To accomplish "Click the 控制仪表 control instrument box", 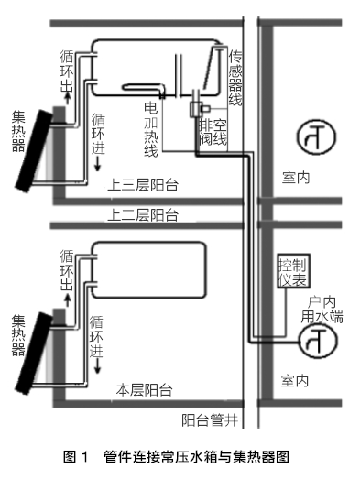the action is coord(293,271).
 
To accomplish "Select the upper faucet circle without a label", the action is coord(316,136).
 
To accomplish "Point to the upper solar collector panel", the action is coord(34,150).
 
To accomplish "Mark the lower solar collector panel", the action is coord(34,353).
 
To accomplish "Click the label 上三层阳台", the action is coord(143,185).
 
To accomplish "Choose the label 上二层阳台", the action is coord(143,214).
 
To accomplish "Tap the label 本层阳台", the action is coord(144,390).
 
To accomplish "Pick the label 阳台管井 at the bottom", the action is coord(210,420).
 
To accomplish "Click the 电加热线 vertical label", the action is coord(151,129).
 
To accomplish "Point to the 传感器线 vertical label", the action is coord(235,78).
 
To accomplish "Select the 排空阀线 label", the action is coord(213,132).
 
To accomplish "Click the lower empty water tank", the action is coord(148,270).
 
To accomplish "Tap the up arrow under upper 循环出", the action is coord(68,98).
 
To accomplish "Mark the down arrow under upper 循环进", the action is coord(98,164).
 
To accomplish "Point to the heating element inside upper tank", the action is coord(144,88).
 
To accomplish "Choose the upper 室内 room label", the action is coord(296,178).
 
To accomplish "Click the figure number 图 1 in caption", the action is coord(76,457).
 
